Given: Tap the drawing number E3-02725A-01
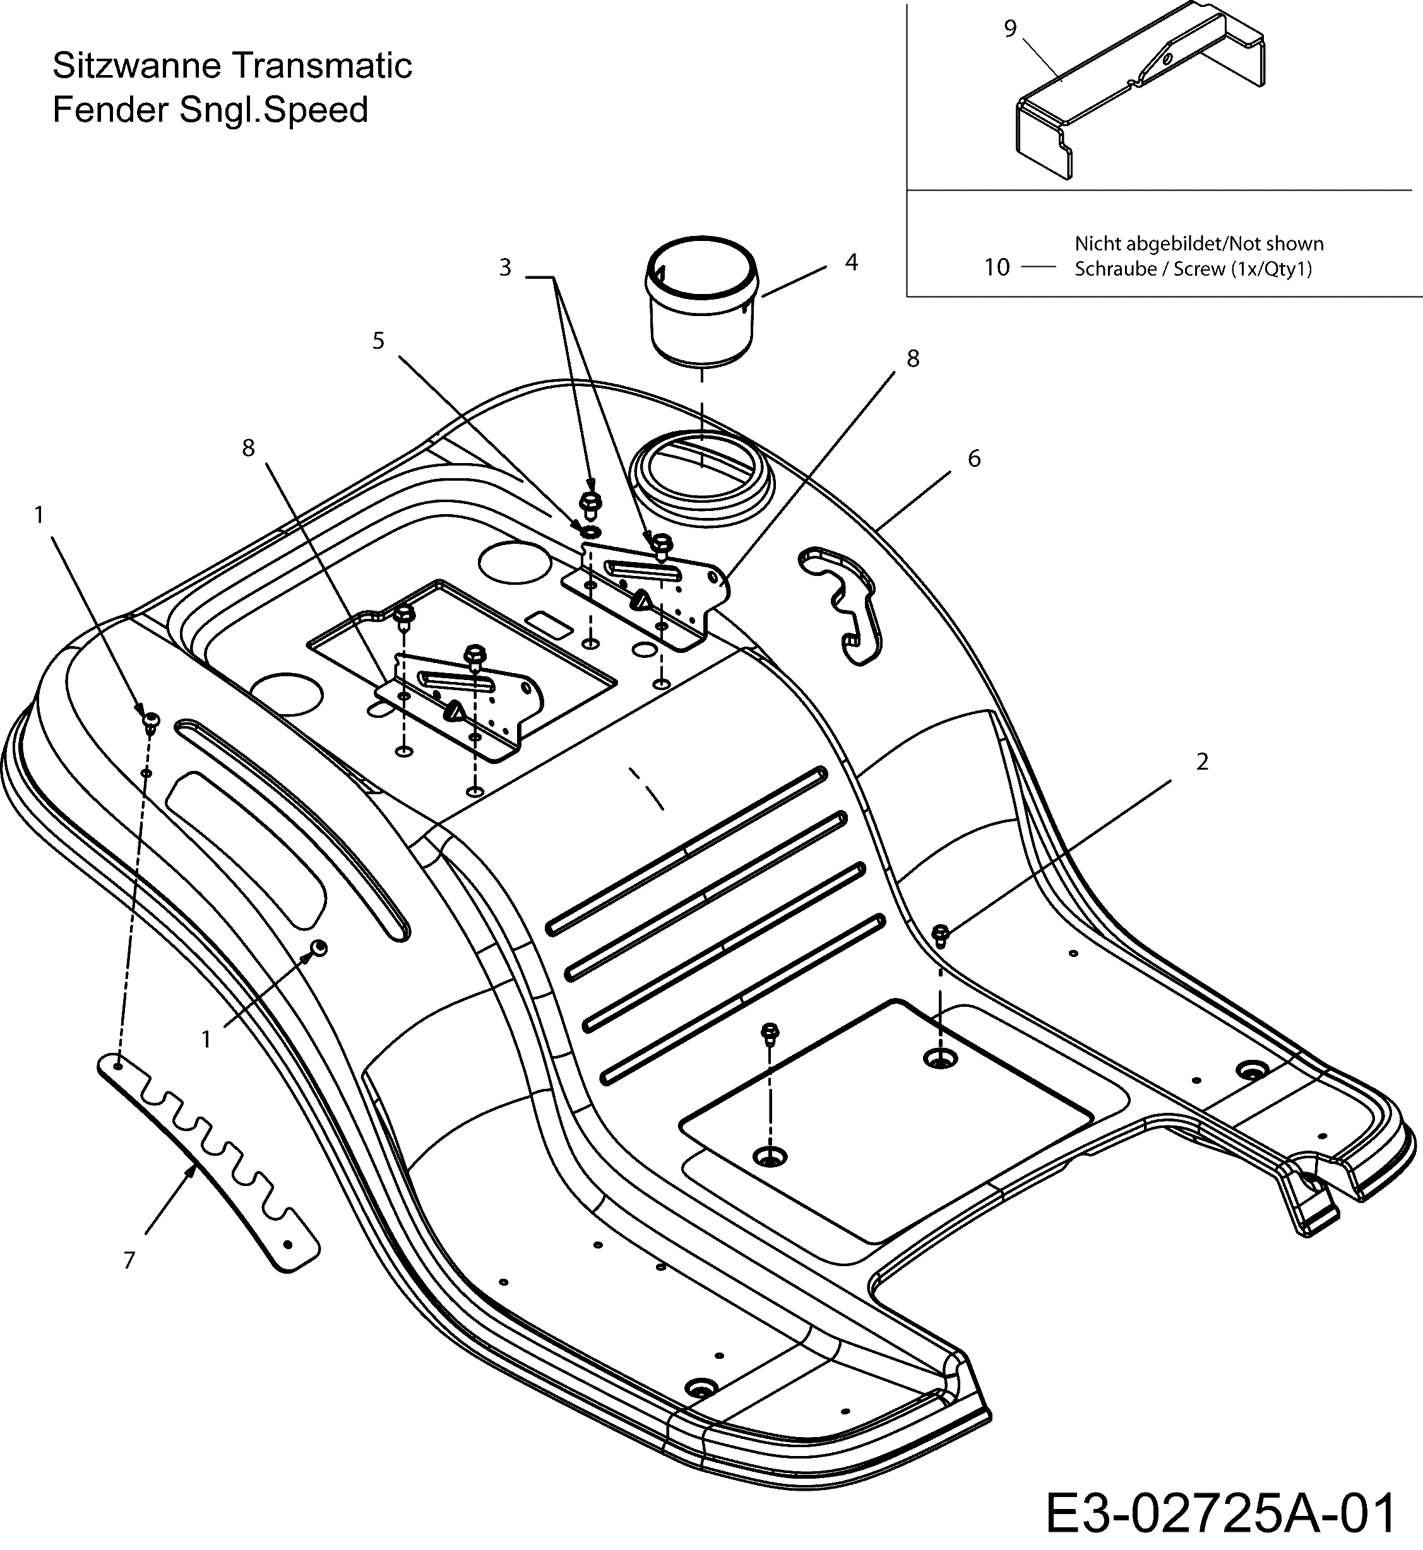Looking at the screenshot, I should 1220,1512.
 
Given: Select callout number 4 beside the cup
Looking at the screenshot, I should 850,262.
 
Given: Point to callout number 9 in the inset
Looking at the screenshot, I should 1010,28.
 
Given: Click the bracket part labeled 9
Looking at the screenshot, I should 1140,92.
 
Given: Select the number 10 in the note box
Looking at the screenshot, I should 996,268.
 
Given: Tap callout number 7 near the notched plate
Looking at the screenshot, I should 129,1260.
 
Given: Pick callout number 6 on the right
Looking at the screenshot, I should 974,459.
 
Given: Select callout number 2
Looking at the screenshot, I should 1202,762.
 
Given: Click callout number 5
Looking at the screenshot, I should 378,341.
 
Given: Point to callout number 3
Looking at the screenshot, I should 505,268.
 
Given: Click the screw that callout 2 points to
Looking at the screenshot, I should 940,936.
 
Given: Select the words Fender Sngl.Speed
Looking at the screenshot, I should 210,110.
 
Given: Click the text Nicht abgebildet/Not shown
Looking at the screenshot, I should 1199,244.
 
